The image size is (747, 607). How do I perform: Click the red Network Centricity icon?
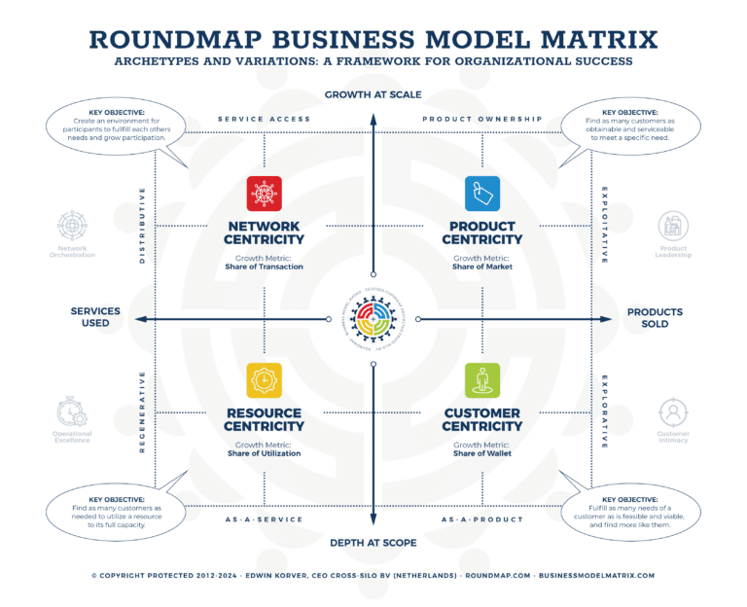coord(265,193)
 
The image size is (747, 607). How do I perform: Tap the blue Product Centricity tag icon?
coord(482,193)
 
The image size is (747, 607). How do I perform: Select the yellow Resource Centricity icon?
coord(265,380)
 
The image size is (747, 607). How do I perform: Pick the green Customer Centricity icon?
coord(482,380)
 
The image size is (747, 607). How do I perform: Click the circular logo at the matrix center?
coord(373,318)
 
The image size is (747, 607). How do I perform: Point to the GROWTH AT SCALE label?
coord(373,94)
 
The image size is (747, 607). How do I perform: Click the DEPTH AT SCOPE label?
coord(373,542)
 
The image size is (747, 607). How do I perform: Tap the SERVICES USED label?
coord(95,318)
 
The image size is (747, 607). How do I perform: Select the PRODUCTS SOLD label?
coord(655,318)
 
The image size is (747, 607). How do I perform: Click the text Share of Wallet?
coord(482,453)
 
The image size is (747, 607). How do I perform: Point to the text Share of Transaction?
coord(265,267)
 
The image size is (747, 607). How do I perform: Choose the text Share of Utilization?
coord(265,453)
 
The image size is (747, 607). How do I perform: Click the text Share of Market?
coord(482,267)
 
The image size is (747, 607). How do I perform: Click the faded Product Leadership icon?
coord(673,226)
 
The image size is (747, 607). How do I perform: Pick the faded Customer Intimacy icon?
coord(673,411)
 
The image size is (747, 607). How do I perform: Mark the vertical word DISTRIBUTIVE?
coord(143,226)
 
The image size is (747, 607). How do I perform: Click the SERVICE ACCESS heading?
coord(265,120)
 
